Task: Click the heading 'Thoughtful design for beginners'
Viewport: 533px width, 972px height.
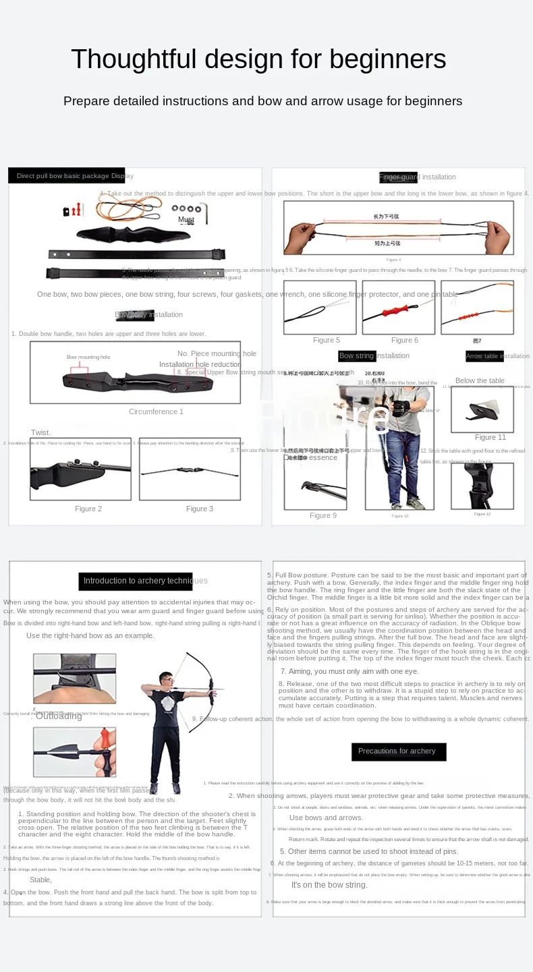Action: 258,59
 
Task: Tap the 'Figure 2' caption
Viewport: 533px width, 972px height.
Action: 88,509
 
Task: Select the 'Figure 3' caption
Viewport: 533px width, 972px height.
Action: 200,509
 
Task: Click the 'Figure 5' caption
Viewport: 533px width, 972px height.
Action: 327,340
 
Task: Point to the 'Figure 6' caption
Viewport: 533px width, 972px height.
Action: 405,340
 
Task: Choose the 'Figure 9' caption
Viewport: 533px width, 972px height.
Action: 323,515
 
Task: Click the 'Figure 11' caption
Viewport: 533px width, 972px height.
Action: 490,437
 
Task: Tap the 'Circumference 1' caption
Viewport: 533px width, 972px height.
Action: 156,411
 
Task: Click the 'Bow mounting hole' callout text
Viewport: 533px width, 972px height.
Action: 88,357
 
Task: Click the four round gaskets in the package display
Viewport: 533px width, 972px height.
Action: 186,208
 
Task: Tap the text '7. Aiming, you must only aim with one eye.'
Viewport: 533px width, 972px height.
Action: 349,671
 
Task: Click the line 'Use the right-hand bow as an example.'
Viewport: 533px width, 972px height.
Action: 90,635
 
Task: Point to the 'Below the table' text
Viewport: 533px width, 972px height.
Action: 480,380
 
